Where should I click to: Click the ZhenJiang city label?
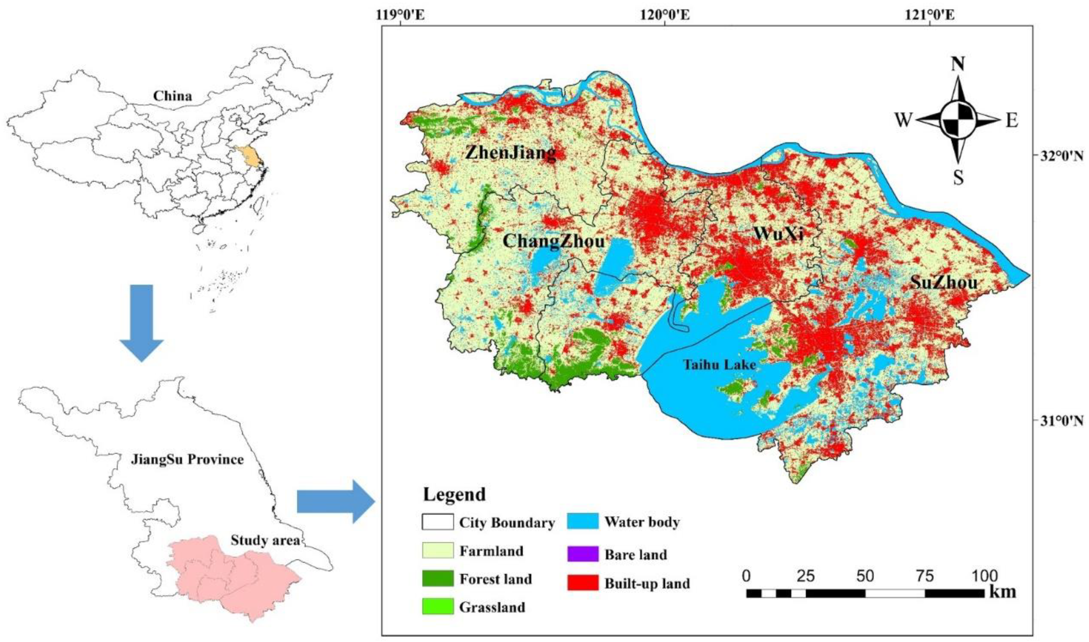coord(510,153)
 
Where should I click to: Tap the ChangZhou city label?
coord(554,241)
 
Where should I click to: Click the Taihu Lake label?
coord(719,365)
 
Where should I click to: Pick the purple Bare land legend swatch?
coord(583,554)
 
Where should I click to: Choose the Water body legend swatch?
coord(583,521)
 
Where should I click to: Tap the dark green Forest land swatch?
coord(437,578)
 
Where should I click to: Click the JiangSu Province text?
coord(187,459)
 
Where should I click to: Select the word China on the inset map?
coord(172,96)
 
